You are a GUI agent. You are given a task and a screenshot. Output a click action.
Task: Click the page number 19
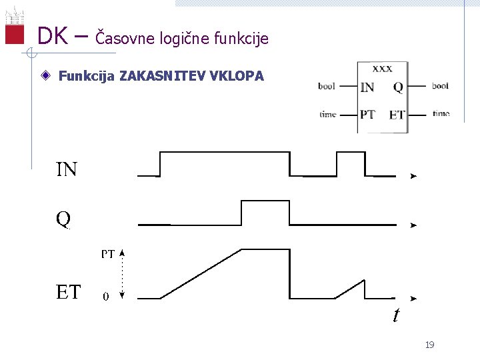point(429,345)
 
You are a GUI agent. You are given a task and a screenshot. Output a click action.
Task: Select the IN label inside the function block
point(367,87)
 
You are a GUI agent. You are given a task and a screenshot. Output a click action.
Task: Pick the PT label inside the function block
point(367,114)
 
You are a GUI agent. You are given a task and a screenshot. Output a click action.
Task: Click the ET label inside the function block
point(397,115)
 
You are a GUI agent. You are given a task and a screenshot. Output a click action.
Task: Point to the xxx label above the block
point(382,68)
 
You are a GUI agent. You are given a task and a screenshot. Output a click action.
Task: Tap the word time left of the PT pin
point(328,114)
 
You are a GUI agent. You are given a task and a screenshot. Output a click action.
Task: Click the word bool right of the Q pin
point(440,86)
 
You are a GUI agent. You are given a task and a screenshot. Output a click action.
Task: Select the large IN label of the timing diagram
point(67,170)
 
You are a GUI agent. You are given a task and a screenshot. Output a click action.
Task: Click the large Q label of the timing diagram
point(63,219)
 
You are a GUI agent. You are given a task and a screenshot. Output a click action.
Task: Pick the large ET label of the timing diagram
point(68,292)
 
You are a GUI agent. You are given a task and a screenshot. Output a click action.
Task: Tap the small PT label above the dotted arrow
point(108,254)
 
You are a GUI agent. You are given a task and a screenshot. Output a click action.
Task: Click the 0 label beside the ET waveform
point(106,297)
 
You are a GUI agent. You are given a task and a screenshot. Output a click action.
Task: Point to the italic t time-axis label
point(396,315)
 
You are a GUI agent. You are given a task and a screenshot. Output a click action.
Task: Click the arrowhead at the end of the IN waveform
point(413,177)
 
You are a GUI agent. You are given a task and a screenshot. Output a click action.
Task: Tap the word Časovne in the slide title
point(127,38)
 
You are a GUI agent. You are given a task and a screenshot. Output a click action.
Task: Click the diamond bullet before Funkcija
point(44,76)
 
